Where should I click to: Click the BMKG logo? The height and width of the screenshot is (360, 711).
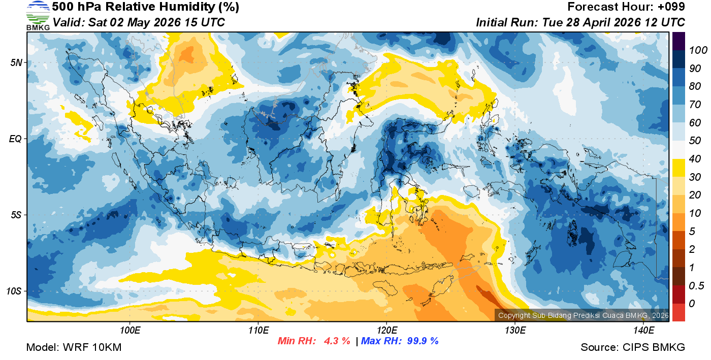38,15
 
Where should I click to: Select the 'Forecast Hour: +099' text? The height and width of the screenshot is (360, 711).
626,7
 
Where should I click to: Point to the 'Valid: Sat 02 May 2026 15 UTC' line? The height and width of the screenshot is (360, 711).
139,23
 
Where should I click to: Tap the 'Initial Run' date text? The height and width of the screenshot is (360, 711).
580,23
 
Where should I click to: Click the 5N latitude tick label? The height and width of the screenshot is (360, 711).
16,62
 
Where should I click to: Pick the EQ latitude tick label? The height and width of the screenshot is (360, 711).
16,139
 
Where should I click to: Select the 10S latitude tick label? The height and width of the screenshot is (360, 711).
14,291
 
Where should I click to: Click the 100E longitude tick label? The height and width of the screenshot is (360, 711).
130,331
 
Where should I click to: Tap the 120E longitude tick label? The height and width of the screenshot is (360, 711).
386,331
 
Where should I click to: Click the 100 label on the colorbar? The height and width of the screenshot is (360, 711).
695,50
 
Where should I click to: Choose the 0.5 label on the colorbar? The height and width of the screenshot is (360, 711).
694,285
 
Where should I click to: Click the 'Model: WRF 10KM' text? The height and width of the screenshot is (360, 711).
74,347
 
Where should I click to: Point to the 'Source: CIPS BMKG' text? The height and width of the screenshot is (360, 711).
633,347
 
